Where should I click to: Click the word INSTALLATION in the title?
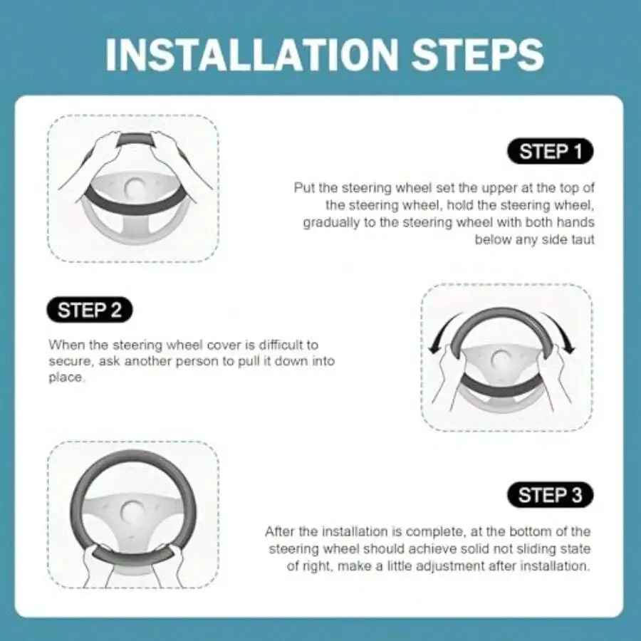coord(251,55)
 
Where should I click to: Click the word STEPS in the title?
coord(477,55)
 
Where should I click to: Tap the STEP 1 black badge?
coord(551,151)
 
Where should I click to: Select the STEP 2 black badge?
coord(90,310)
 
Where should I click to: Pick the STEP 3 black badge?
coord(551,495)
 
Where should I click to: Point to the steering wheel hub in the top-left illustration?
coord(134,187)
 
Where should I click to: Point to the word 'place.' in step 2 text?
coord(68,377)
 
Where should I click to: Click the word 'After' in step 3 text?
coord(280,531)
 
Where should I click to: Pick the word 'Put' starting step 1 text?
coord(303,188)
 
